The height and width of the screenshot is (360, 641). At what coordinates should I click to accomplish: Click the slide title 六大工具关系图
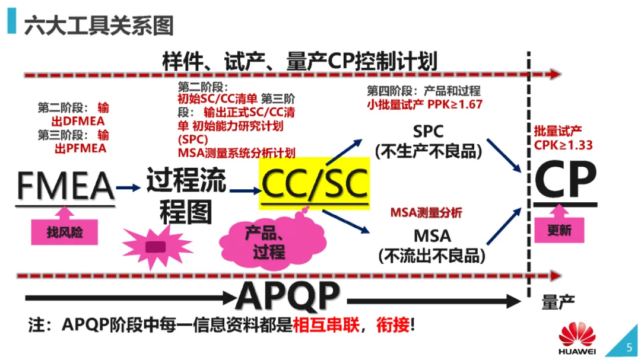99,26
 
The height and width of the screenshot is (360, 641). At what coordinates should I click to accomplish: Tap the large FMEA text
65,186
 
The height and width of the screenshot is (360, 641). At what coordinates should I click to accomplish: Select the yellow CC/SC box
314,184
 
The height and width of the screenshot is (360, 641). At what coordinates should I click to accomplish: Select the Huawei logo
576,339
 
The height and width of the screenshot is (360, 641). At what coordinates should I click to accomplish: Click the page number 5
629,348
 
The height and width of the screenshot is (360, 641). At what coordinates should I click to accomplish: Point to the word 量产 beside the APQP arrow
559,302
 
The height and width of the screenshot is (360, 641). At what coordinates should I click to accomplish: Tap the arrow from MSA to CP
504,224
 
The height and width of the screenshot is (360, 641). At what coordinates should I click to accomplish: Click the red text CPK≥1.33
563,145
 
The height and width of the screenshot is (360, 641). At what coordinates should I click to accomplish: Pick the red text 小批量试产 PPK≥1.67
424,104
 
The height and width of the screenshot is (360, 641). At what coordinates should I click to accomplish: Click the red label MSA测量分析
426,213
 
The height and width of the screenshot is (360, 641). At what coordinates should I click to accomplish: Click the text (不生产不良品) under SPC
427,151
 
